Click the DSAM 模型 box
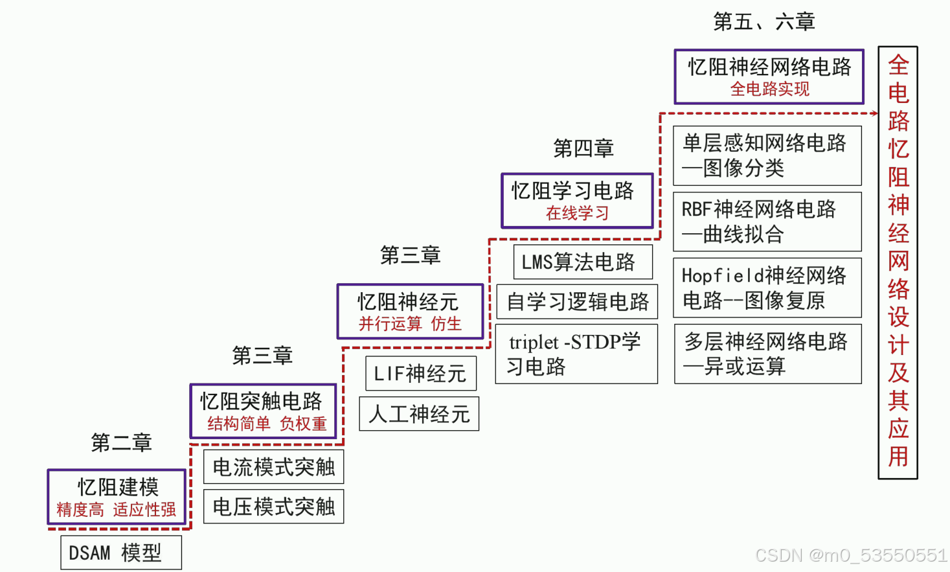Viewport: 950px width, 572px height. coord(121,553)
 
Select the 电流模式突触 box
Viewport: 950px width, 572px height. coord(273,467)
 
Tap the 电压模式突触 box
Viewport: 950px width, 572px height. coord(273,507)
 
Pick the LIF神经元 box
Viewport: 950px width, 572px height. coord(420,373)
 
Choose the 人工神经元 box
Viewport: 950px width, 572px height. coord(419,414)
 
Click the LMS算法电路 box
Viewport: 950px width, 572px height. coord(582,262)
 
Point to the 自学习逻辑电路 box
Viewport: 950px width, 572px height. coord(576,302)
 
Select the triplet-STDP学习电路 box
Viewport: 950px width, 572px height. coord(576,354)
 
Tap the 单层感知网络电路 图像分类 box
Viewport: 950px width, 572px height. coord(767,155)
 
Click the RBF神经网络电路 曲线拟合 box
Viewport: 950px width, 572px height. coord(767,222)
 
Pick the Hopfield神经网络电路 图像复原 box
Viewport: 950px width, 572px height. coord(767,288)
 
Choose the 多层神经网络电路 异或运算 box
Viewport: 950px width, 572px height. coord(767,354)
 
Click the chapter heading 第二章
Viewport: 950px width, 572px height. coord(121,442)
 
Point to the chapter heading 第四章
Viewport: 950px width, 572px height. coord(583,148)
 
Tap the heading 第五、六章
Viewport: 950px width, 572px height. coord(763,22)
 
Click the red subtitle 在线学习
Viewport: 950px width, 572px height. coord(577,213)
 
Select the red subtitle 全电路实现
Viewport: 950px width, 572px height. coord(769,89)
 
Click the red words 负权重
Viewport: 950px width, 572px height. coord(303,424)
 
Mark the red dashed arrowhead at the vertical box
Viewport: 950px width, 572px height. coord(874,113)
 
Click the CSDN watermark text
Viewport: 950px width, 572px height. coord(851,555)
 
